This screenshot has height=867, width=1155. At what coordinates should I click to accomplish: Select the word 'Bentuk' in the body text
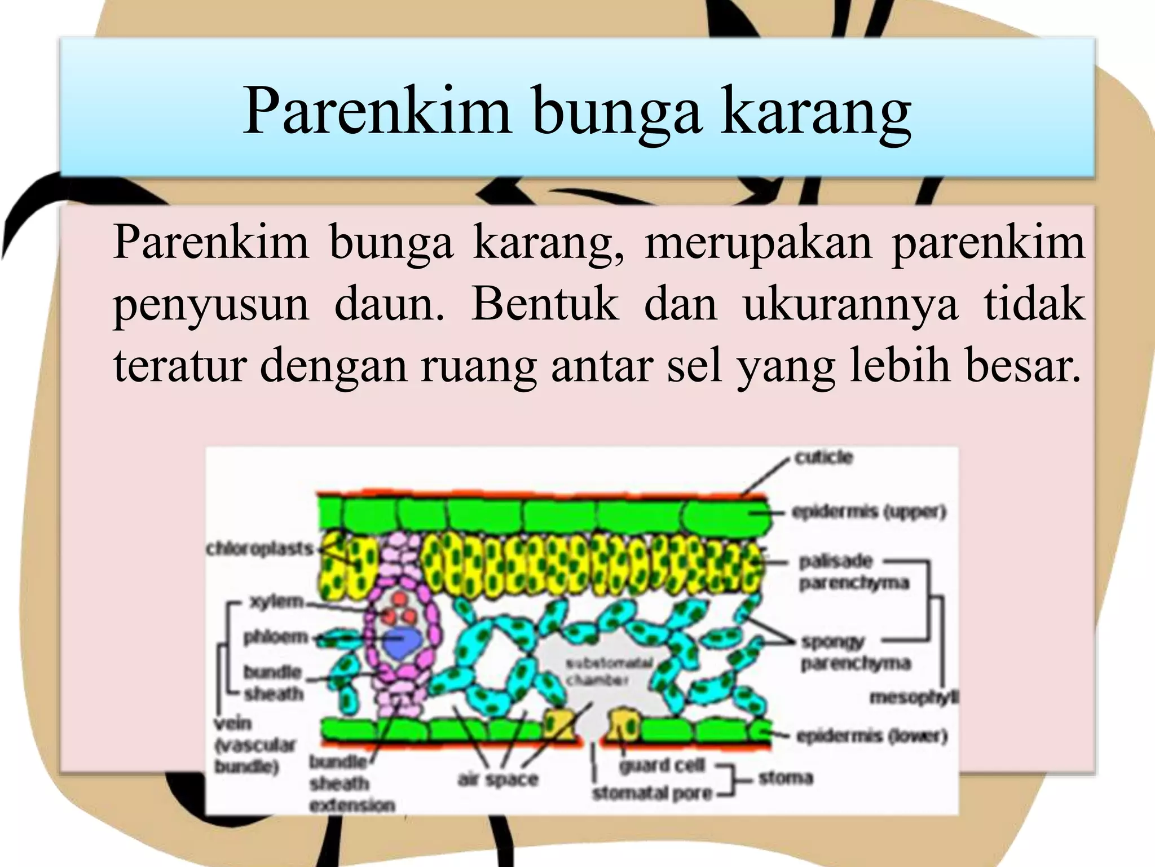(x=545, y=305)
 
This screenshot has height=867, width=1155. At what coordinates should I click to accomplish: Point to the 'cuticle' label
(x=823, y=457)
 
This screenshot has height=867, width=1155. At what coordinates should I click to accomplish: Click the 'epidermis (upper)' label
(x=869, y=512)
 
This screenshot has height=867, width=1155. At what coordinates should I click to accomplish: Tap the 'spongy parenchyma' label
(x=854, y=653)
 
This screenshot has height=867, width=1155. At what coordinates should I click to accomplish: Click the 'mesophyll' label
(x=914, y=698)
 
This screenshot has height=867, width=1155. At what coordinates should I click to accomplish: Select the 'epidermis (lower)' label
(x=871, y=736)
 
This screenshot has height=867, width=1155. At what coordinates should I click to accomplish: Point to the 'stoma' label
(x=786, y=778)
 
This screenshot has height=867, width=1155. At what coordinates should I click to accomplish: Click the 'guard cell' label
(x=662, y=766)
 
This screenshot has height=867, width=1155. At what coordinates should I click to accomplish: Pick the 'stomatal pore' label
(x=652, y=794)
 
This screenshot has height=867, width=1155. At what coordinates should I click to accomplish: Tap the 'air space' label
(x=498, y=780)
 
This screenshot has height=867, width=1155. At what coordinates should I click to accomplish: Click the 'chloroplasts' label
(x=259, y=549)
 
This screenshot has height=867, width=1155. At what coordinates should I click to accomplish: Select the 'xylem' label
(x=276, y=602)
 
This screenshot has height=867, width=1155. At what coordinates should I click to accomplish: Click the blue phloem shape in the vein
(x=402, y=642)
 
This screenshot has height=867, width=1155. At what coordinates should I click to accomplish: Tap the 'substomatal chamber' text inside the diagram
(x=609, y=671)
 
